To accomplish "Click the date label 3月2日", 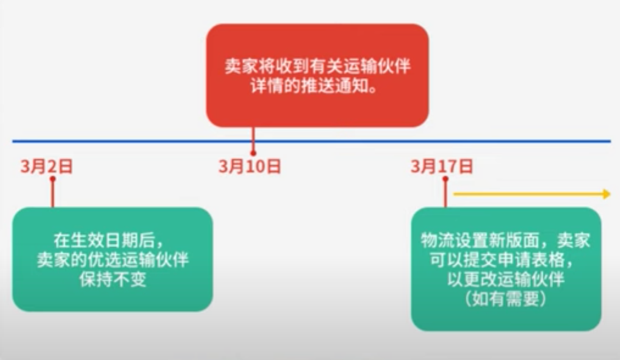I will click(46, 167).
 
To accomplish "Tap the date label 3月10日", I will click(250, 167).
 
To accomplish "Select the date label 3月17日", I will click(442, 166).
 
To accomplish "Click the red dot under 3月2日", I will click(52, 179).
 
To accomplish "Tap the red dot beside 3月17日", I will click(445, 179).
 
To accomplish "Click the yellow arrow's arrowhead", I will click(606, 194).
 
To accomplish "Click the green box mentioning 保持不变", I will click(112, 259).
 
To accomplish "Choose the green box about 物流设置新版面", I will click(506, 269).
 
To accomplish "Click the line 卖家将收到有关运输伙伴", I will click(317, 66).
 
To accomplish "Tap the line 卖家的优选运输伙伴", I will click(113, 260).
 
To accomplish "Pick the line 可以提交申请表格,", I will click(505, 260).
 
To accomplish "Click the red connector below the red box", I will click(253, 137).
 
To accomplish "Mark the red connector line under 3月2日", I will click(52, 194).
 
